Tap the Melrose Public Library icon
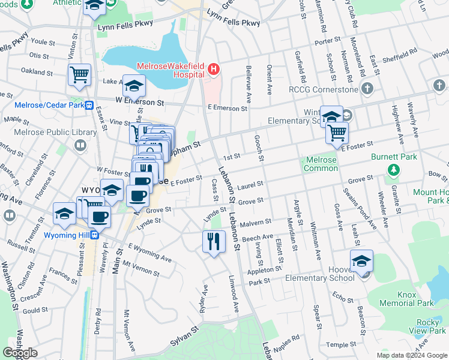click(80, 145)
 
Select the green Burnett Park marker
click(393, 170)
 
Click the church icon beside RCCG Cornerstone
click(368, 89)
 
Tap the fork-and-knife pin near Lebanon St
click(214, 241)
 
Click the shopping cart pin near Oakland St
click(79, 75)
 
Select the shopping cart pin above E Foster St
click(337, 132)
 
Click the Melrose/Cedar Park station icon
click(89, 105)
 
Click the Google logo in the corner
click(20, 353)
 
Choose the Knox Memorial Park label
click(415, 299)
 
